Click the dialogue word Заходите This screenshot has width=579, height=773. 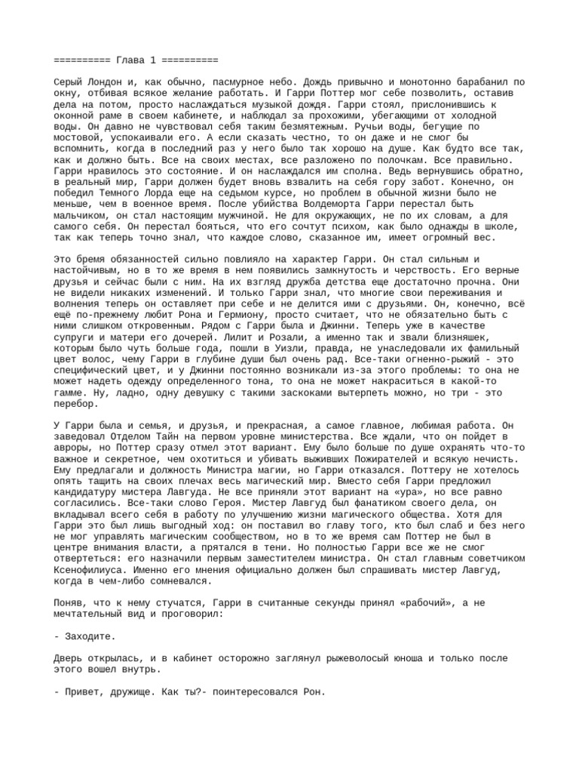click(90, 637)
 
